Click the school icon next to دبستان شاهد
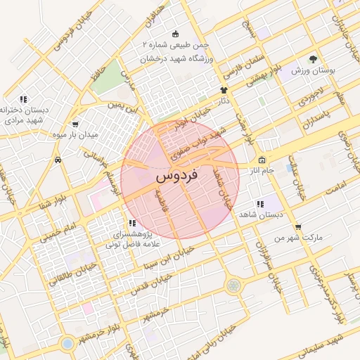tap(260, 204)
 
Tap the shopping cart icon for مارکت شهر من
tap(299, 227)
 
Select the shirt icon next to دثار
tap(224, 90)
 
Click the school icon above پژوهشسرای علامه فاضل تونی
tap(133, 223)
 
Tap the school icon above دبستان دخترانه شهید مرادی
tap(23, 99)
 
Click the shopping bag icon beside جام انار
tap(262, 160)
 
